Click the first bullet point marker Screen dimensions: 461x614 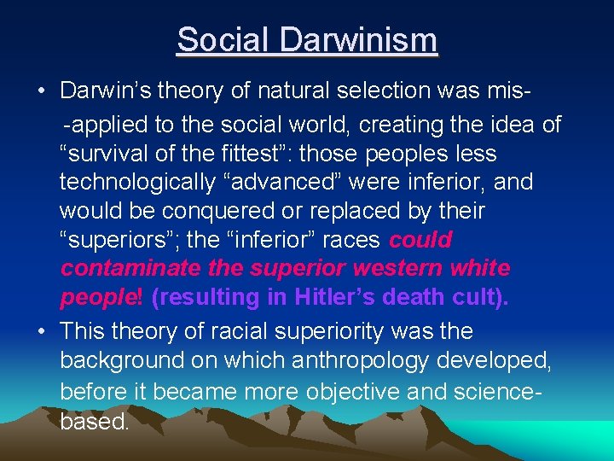click(41, 91)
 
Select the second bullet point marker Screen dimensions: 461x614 click(41, 331)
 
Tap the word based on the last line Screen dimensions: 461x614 click(94, 420)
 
